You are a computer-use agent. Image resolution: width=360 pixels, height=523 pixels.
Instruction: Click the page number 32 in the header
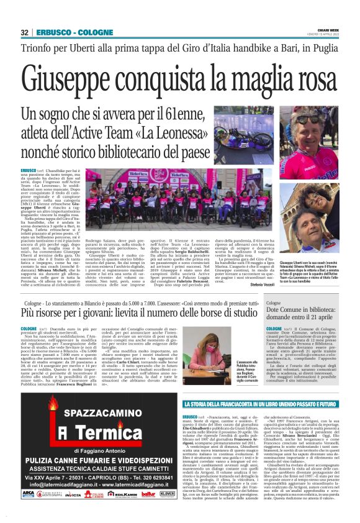tap(25, 32)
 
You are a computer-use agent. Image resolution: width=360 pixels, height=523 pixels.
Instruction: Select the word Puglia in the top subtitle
tap(318, 48)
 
